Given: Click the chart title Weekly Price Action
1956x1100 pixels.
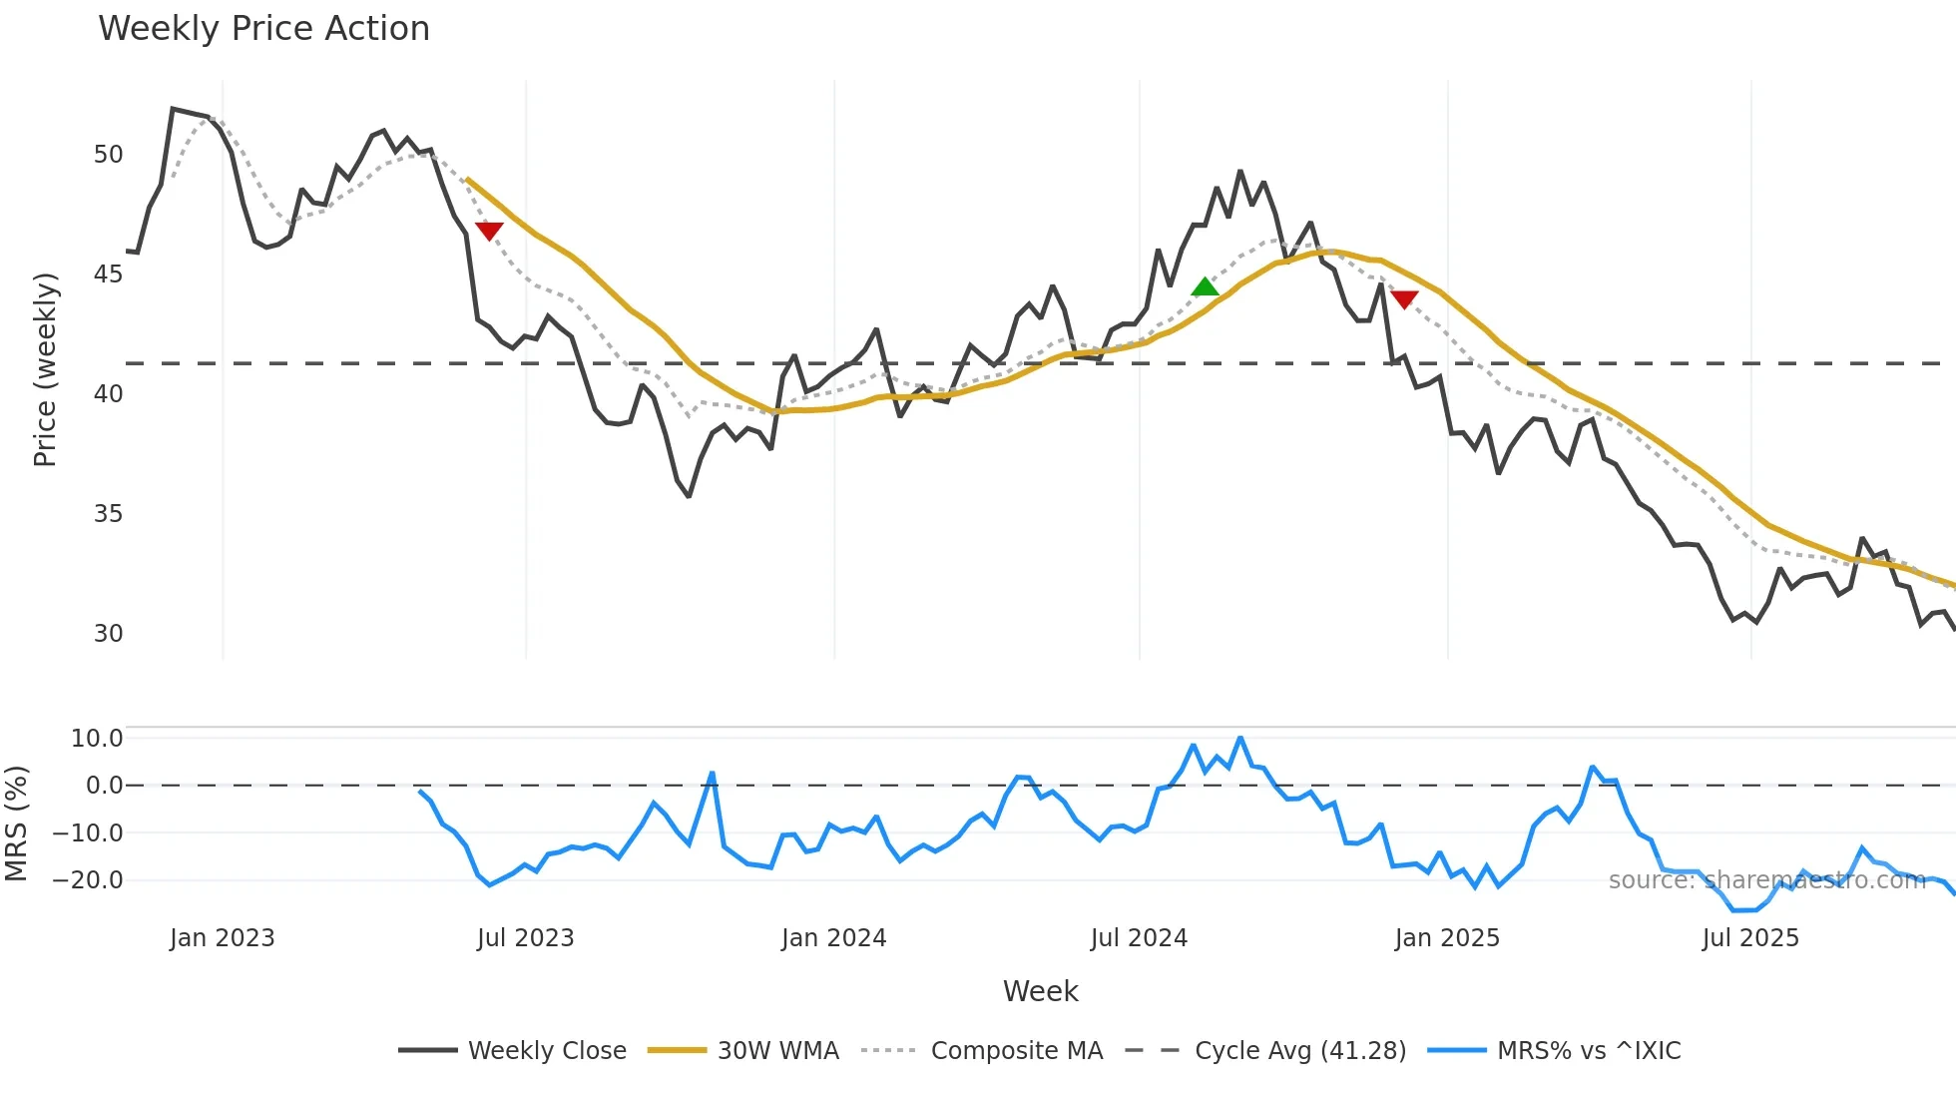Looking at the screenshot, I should point(263,28).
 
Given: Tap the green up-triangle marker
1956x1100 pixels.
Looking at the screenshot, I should point(1206,287).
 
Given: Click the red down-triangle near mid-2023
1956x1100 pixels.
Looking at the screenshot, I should point(489,231).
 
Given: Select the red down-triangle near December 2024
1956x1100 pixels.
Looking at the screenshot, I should point(1404,299).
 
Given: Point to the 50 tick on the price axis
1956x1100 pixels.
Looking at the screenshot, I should point(108,155).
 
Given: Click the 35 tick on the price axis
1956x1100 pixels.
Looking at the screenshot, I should point(108,514).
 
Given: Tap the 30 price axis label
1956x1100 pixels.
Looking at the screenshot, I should point(108,634).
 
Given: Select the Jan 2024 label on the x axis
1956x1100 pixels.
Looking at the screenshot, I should point(833,938).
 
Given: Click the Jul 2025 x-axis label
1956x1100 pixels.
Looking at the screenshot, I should point(1750,938).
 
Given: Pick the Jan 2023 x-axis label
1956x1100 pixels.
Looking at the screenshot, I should point(222,938).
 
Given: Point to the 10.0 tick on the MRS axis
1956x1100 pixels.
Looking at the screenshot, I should point(97,739).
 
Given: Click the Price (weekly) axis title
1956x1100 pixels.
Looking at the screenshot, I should point(45,369).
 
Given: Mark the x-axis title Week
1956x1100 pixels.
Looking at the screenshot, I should point(1040,991).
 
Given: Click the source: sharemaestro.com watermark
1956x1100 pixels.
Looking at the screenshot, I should point(1766,880).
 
